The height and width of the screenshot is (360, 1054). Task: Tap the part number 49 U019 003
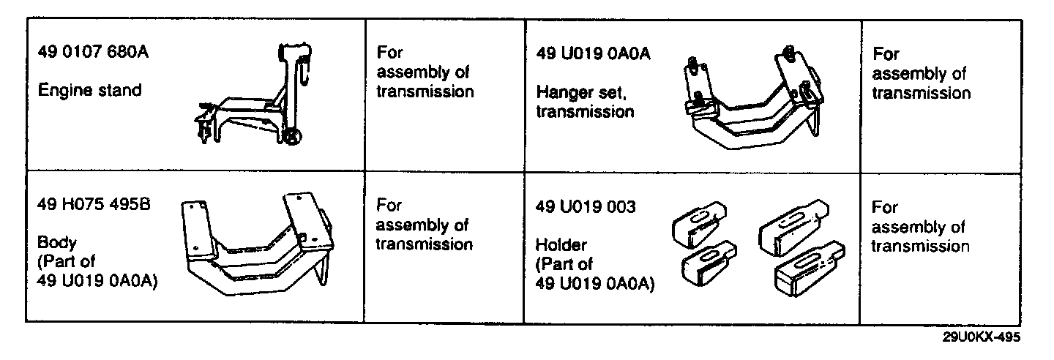point(586,206)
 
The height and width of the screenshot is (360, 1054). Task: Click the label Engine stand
point(90,91)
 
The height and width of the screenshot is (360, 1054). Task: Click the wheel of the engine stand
point(292,136)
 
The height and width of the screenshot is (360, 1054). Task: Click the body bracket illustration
point(256,245)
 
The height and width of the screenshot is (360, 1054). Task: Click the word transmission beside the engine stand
point(425,92)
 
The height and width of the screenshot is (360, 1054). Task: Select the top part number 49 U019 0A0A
point(594,53)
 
